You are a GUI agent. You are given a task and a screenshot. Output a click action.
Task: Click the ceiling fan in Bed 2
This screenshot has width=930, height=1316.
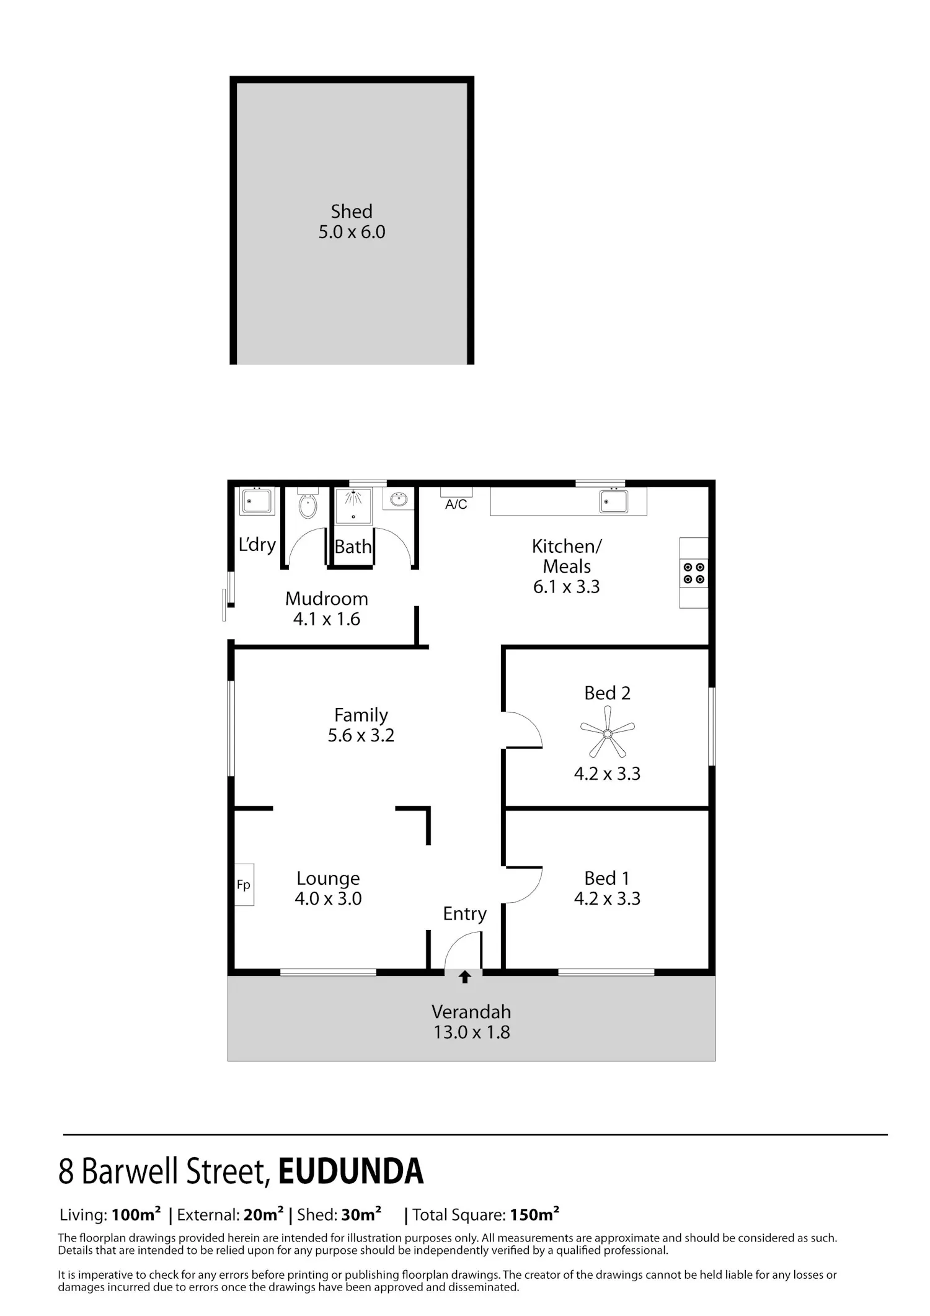(608, 734)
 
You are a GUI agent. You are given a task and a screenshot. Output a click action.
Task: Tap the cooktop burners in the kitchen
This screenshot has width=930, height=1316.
(694, 573)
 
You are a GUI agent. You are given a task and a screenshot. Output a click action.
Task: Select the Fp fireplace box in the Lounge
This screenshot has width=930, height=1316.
(244, 885)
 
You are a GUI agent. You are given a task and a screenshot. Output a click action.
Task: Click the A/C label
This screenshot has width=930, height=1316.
(456, 504)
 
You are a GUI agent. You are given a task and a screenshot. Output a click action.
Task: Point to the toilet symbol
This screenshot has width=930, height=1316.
(307, 503)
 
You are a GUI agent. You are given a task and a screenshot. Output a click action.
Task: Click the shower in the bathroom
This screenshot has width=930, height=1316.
(353, 504)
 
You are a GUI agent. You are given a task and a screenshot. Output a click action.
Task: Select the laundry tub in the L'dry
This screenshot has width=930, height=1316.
(257, 501)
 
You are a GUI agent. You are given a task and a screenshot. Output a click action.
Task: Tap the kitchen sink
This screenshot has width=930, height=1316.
(614, 501)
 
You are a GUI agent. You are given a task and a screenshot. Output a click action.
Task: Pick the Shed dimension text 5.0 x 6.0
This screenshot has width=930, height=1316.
(352, 232)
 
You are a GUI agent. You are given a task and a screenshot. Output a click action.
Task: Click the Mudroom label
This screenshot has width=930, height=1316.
(327, 599)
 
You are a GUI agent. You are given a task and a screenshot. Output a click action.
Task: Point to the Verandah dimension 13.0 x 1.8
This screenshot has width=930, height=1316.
(472, 1032)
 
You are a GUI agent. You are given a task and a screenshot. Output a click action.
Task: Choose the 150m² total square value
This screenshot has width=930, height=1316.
(534, 1215)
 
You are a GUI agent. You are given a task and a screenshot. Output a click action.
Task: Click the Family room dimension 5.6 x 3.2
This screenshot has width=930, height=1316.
(361, 735)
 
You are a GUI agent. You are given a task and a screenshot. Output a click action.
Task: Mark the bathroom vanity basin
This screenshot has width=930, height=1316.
(399, 499)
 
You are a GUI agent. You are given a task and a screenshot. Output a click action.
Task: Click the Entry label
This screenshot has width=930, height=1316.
(465, 914)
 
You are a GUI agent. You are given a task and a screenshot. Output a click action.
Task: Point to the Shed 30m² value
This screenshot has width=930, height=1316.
(361, 1215)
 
